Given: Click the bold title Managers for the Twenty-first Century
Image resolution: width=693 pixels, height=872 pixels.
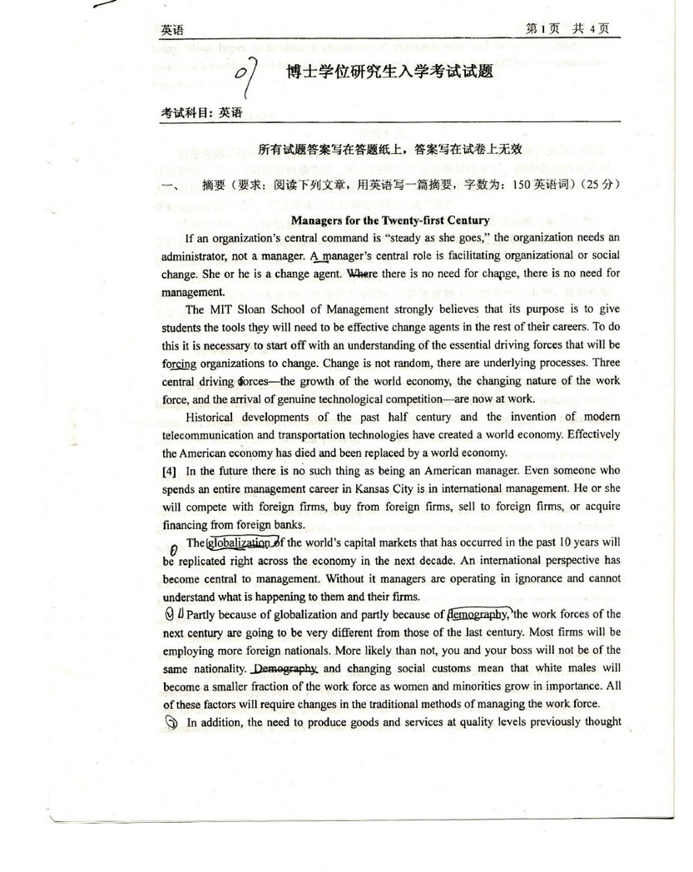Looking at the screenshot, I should (390, 220).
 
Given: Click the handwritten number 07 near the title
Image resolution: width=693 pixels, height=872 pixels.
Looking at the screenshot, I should (249, 76).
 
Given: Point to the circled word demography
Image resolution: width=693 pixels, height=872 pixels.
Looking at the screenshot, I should (479, 614).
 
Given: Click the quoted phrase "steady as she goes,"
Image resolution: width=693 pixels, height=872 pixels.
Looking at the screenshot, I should (431, 238).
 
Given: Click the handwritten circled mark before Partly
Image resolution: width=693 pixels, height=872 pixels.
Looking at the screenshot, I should (172, 615).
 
